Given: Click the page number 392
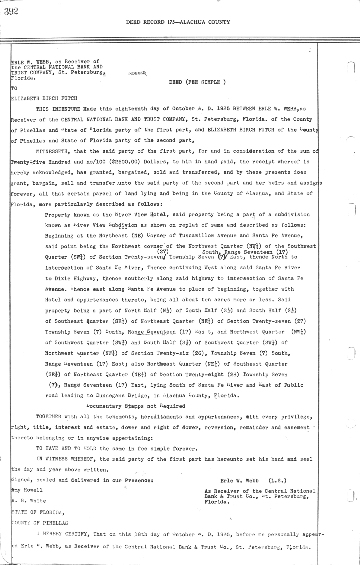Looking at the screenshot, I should [11, 11].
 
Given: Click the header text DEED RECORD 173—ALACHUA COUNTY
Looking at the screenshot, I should [178, 22].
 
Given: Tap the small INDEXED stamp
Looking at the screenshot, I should [137, 73].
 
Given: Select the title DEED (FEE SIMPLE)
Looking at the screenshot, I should [197, 82].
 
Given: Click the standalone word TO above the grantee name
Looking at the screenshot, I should [14, 88].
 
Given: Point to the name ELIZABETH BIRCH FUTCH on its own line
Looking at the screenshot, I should [44, 98].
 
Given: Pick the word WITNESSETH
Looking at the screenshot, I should [53, 151].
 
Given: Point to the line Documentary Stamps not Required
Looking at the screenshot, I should [136, 406].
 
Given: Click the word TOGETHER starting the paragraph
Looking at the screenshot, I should [48, 417].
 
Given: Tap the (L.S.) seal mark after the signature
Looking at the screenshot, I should [277, 480].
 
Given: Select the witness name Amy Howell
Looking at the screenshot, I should [27, 490].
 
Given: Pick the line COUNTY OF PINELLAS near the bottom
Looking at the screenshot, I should [40, 523].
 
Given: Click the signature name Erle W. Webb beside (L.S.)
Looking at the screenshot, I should [239, 480].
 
